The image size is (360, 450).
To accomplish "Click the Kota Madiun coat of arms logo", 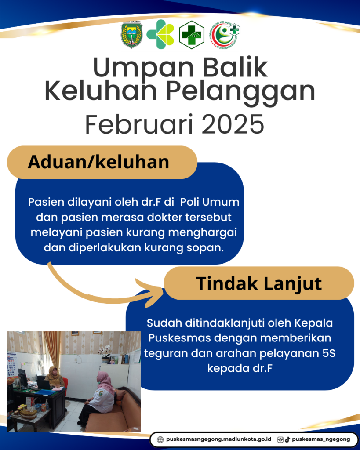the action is coord(131,34).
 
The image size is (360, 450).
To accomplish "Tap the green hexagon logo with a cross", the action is coord(192,35).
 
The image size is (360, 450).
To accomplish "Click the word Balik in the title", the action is coord(236,68).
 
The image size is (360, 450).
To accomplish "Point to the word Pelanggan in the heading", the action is coord(240,92).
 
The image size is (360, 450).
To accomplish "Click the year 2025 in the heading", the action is coord(233,124).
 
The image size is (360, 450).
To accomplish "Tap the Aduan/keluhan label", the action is coord(98,162).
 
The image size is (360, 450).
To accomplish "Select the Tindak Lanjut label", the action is coord(258,283).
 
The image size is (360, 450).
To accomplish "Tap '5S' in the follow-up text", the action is coord(329,353).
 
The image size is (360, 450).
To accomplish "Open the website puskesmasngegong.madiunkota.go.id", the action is coord(219,439).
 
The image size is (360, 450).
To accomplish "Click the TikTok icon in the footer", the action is coord(287,439).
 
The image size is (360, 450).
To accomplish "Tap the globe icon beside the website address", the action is coord(160,439).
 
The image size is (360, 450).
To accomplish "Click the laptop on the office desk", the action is coord(44,384).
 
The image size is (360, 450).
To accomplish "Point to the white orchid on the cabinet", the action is coord(105,351).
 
